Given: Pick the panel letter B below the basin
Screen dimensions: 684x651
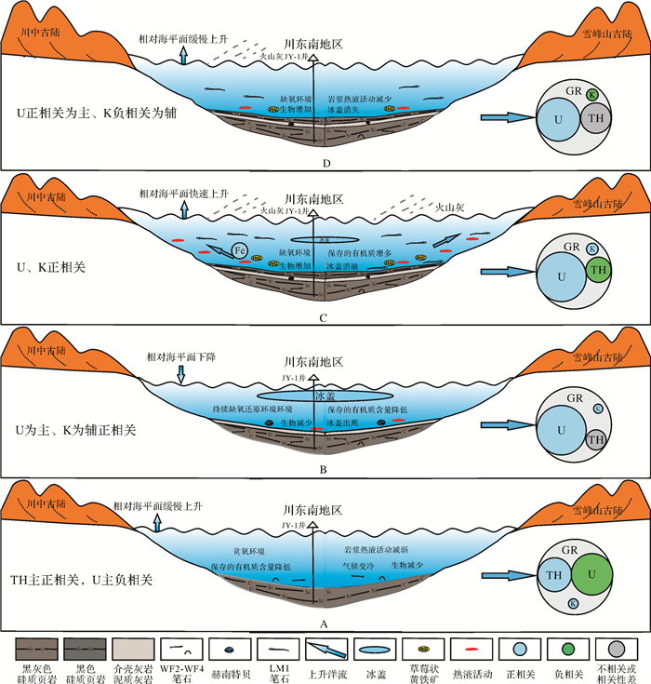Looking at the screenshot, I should coord(323,468).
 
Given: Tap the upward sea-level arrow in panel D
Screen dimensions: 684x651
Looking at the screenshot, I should coord(183,56).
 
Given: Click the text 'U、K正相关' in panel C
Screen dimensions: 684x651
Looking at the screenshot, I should coord(47,269).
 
